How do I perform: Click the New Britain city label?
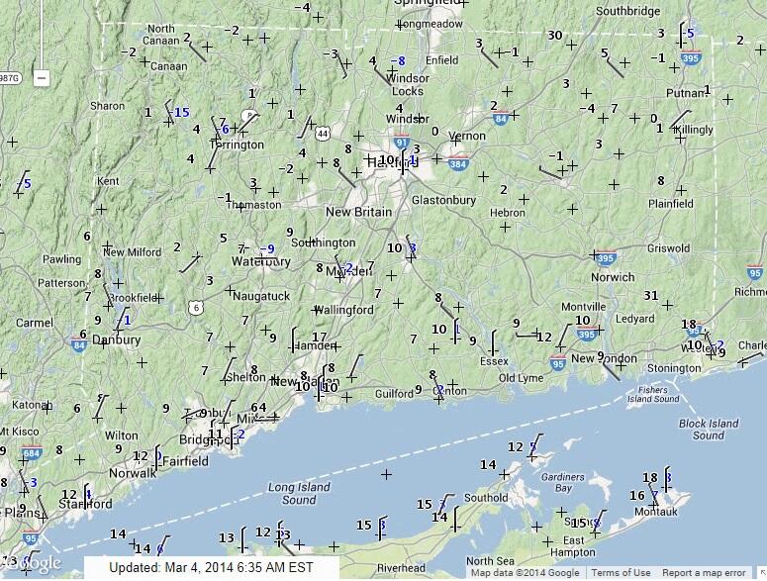pos(359,212)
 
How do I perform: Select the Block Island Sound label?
pos(709,430)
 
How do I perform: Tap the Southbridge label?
pos(627,11)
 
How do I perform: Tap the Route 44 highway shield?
pos(323,132)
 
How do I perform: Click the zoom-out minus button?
pos(42,76)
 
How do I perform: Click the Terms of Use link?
pos(621,572)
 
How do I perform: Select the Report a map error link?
pos(704,572)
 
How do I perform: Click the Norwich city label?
pos(613,277)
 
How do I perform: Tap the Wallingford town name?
pos(344,310)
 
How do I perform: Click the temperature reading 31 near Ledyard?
pos(650,295)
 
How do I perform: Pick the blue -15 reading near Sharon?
pos(180,113)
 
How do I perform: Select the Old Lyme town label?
pos(521,378)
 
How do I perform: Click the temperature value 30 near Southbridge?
pos(555,36)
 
